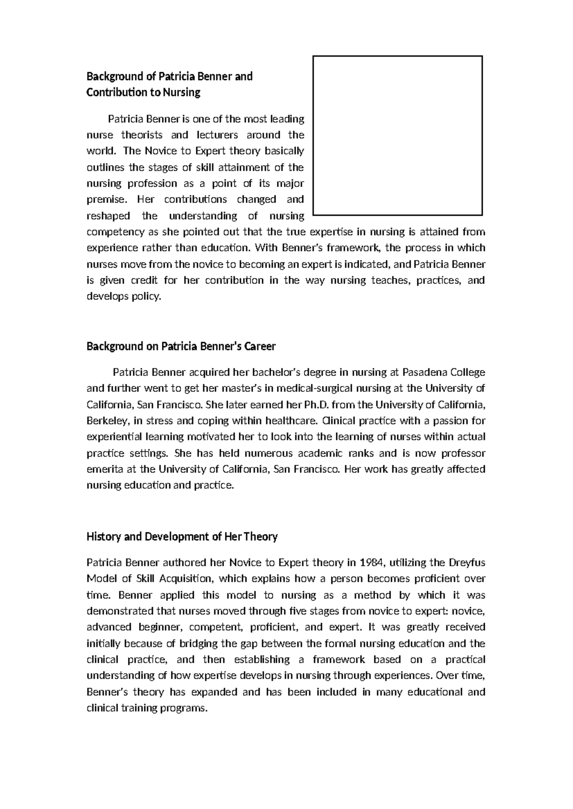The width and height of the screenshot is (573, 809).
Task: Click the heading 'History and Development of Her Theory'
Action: click(181, 537)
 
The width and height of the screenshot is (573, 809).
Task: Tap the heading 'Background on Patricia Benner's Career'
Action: click(180, 346)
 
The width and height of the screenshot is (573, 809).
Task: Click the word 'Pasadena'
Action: click(422, 372)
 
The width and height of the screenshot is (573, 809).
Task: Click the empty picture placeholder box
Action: click(397, 135)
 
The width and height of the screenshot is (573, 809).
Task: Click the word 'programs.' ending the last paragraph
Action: click(185, 708)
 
